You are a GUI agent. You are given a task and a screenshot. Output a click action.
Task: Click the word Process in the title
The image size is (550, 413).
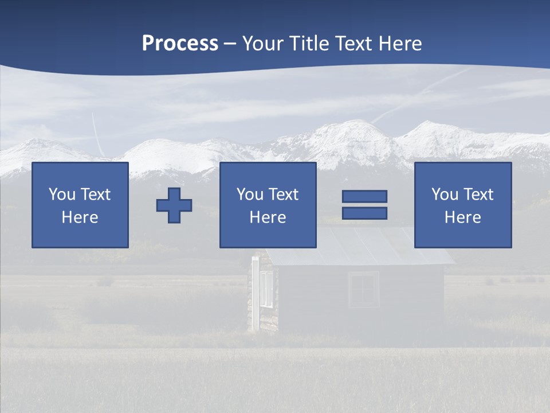pyautogui.click(x=180, y=44)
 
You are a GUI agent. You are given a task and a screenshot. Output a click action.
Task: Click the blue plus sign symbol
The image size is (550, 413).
pyautogui.click(x=174, y=205)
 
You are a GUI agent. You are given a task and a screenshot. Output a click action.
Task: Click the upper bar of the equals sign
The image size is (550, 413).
pyautogui.click(x=364, y=196)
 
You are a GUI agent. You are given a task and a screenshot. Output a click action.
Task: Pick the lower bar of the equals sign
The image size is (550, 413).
pyautogui.click(x=364, y=213)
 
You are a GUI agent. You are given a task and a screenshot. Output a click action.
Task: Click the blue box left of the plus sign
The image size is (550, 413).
pyautogui.click(x=80, y=205)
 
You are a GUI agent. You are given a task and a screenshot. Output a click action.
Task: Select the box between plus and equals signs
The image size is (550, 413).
pyautogui.click(x=268, y=205)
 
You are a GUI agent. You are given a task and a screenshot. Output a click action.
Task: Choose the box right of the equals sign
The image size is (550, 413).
pyautogui.click(x=463, y=205)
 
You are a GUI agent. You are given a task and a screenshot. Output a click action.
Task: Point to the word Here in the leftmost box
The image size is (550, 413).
pyautogui.click(x=80, y=217)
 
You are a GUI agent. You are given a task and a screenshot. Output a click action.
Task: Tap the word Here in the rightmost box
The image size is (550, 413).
pyautogui.click(x=462, y=217)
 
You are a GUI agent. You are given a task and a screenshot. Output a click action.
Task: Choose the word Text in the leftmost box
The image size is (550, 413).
pyautogui.click(x=96, y=194)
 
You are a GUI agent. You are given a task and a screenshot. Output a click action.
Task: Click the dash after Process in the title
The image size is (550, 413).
pyautogui.click(x=230, y=44)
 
